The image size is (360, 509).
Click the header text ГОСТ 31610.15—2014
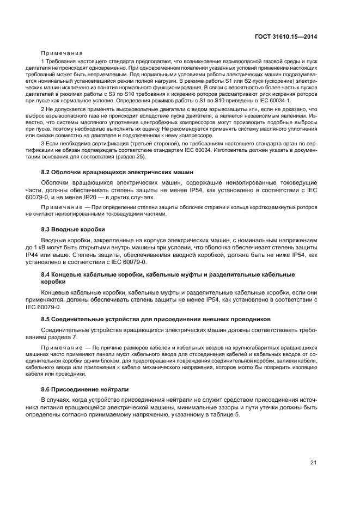click(290, 36)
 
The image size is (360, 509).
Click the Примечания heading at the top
click(62, 53)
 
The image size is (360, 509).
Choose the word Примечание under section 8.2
click(63, 208)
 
